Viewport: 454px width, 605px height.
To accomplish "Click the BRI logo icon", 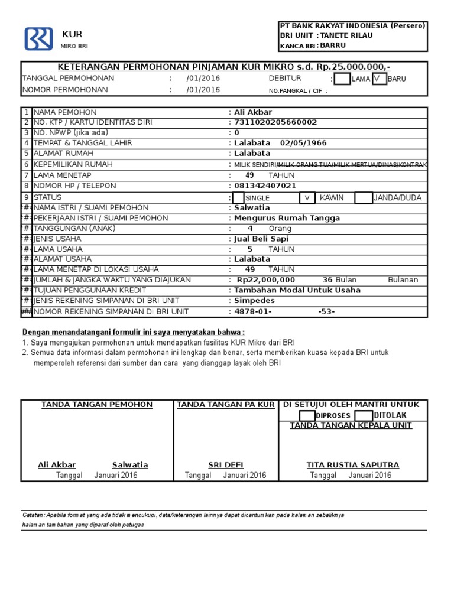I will [38, 38].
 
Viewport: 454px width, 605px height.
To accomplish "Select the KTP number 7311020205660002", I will [275, 122].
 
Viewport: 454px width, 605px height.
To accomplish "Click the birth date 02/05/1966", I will [303, 143].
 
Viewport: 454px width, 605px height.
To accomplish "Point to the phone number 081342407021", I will [265, 186].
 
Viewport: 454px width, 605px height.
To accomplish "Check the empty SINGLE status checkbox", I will [238, 198].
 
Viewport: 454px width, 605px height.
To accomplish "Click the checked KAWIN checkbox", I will [307, 198].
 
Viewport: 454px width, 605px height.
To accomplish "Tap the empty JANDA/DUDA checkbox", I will [363, 198].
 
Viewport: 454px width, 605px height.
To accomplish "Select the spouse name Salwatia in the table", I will [252, 208].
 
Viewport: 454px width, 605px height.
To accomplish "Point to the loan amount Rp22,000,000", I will [265, 280].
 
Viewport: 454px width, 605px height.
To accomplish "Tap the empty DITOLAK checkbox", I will [363, 415].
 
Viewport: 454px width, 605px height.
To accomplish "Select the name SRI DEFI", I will [226, 465].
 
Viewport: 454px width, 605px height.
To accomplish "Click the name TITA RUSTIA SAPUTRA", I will [352, 465].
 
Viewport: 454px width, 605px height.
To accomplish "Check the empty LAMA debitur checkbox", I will [342, 79].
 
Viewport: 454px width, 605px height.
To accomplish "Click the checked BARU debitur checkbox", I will [379, 79].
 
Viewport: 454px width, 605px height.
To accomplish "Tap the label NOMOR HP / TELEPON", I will [74, 186].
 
